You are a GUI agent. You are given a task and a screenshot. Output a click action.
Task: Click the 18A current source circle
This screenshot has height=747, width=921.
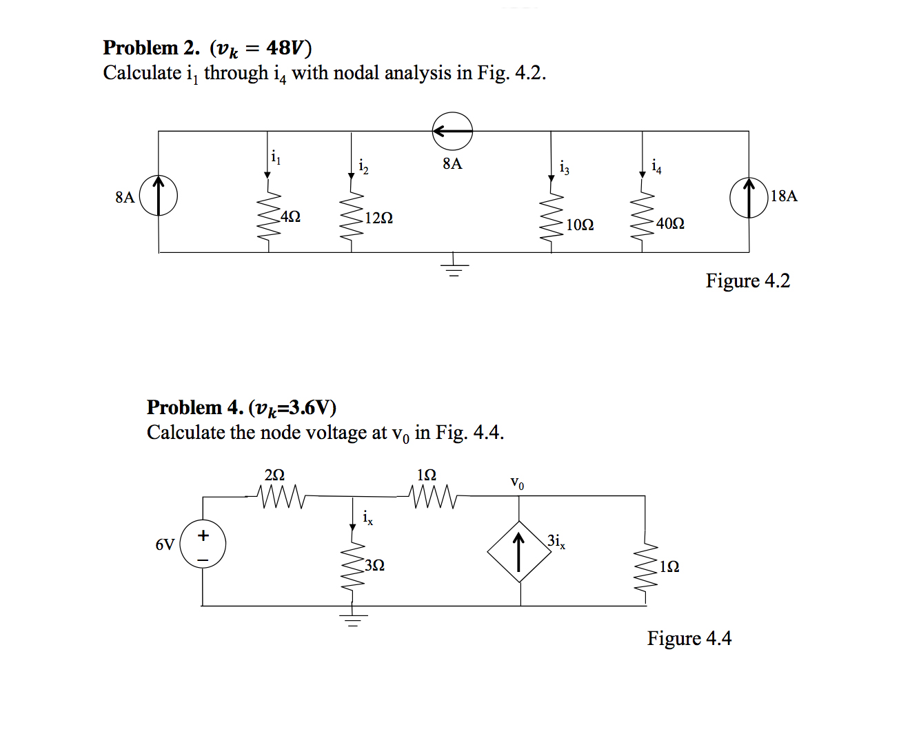(x=749, y=198)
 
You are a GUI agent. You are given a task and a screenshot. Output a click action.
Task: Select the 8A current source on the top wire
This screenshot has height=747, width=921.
(x=452, y=131)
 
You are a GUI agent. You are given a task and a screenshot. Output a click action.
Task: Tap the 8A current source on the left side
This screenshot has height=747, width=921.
(x=159, y=196)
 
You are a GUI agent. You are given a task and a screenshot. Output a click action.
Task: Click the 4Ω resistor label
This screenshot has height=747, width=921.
(x=291, y=216)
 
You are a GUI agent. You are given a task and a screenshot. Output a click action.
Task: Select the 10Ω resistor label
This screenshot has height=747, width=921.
(x=580, y=225)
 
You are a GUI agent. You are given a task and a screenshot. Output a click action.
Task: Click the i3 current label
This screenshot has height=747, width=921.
(x=565, y=167)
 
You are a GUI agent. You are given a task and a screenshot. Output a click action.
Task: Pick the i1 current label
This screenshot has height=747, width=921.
(x=276, y=158)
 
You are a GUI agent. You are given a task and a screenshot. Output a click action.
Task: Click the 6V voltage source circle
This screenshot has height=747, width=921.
(x=203, y=544)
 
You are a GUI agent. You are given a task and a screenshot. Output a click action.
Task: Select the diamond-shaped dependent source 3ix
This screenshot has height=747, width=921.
(x=519, y=552)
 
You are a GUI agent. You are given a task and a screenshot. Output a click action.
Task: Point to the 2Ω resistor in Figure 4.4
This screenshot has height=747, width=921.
(x=280, y=495)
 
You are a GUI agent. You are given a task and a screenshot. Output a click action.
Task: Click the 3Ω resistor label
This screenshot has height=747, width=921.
(x=374, y=566)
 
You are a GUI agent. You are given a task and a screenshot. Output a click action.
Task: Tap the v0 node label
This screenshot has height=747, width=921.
(x=517, y=483)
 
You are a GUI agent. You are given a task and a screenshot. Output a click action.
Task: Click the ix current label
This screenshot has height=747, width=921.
(x=368, y=518)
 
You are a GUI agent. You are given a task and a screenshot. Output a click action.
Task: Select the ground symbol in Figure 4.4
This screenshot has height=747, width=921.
(x=353, y=618)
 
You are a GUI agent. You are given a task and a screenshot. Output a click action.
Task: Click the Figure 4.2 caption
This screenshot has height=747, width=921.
(x=747, y=281)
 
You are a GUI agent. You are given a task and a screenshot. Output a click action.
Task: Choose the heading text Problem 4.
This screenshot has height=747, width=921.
(x=195, y=408)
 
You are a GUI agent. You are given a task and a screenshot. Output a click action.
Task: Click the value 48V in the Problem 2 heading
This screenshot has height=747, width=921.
(x=285, y=48)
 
